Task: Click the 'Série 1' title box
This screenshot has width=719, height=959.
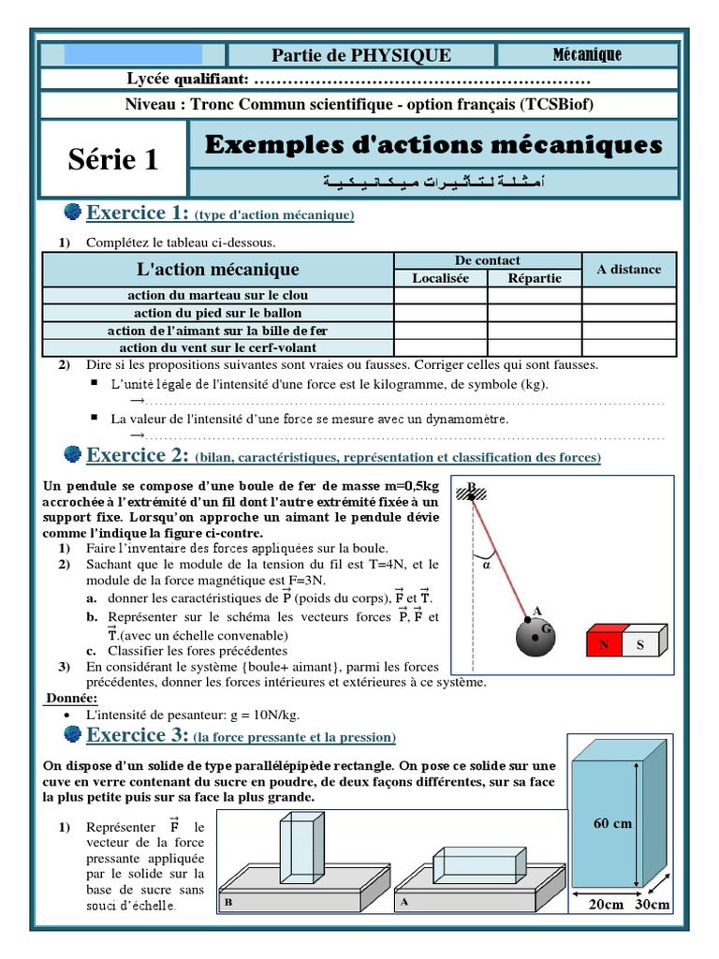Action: point(113,160)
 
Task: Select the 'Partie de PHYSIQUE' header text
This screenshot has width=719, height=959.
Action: point(361,55)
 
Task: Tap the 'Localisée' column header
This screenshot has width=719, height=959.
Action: point(440,278)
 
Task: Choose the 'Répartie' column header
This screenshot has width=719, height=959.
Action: point(535,278)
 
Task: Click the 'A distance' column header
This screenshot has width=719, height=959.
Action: point(628,270)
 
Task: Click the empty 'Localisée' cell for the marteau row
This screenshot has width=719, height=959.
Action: point(440,296)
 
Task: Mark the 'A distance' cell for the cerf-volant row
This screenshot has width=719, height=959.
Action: point(628,347)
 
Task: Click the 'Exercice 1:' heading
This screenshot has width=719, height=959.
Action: point(138,214)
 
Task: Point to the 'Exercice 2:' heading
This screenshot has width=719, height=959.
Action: point(138,456)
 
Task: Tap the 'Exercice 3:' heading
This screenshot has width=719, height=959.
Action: point(138,736)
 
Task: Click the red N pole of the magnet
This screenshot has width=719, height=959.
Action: point(603,644)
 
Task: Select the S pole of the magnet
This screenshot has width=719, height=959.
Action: point(640,644)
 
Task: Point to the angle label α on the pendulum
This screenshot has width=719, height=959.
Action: point(486,565)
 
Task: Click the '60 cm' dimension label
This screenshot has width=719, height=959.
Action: point(612,824)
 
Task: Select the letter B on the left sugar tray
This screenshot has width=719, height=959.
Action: point(227,902)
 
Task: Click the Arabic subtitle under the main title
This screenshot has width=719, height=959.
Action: point(432,180)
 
